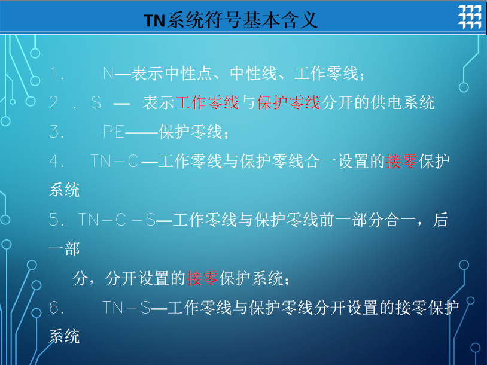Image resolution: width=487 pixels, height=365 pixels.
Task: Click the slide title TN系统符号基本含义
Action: click(231, 20)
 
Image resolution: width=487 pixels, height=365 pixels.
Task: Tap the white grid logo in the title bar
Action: click(470, 17)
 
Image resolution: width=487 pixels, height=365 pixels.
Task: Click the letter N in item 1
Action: click(108, 74)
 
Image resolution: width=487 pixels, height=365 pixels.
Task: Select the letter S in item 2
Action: click(96, 102)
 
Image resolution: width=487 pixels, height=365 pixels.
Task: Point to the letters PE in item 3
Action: click(114, 132)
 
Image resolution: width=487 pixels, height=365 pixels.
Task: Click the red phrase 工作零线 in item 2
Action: click(207, 102)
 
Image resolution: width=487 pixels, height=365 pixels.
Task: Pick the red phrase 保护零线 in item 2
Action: click(288, 102)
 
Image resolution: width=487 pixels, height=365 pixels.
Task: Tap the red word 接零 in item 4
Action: click(401, 161)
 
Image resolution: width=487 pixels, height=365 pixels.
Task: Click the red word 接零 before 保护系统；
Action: click(202, 278)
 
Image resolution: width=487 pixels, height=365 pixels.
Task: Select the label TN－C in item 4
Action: click(115, 161)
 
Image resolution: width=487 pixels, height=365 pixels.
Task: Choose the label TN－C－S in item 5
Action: click(117, 220)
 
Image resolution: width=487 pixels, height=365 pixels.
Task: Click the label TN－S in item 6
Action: click(126, 308)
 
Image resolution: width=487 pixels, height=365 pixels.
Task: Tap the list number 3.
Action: click(57, 132)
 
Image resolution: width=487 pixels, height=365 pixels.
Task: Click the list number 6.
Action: click(57, 308)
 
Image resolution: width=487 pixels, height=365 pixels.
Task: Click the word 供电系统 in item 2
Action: click(403, 102)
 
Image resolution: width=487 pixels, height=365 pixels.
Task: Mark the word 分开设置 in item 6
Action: click(346, 308)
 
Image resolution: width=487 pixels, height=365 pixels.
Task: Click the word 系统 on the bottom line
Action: click(64, 336)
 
